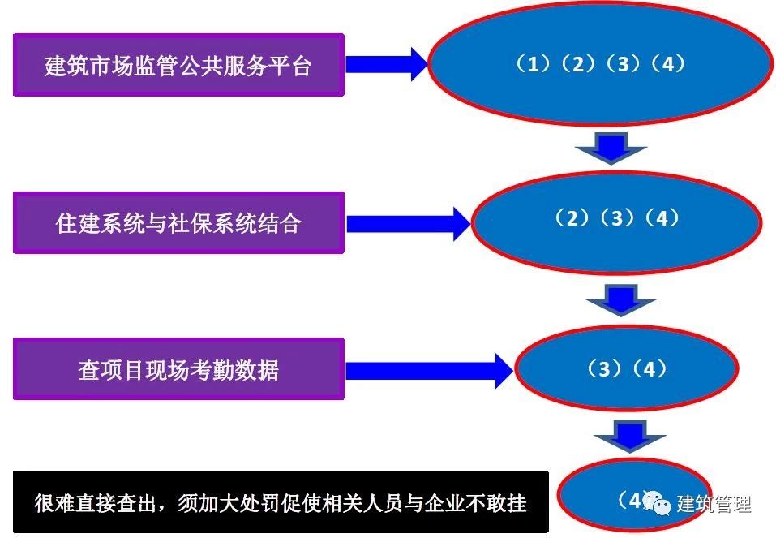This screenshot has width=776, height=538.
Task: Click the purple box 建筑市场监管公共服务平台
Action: tap(178, 65)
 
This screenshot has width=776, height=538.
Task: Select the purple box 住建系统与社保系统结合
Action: tap(178, 223)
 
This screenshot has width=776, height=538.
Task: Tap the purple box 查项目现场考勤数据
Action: tap(178, 370)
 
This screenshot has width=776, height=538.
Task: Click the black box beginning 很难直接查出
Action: tap(281, 502)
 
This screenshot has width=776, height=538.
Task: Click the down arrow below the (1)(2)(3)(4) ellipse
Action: tap(611, 148)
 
